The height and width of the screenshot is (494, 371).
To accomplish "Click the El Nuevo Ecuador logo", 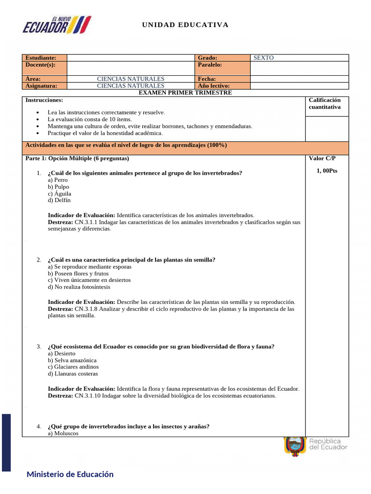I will click(x=57, y=25).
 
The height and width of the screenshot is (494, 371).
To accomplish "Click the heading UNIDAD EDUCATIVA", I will click(x=185, y=25).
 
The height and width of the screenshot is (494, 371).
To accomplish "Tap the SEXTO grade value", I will click(x=263, y=58).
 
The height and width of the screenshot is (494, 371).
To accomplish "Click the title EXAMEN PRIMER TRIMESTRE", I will click(x=185, y=93).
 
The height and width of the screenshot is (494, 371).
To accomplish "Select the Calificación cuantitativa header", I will click(x=324, y=103).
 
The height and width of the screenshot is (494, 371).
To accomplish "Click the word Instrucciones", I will click(x=44, y=100).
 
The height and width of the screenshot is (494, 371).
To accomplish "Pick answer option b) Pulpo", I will click(x=58, y=187).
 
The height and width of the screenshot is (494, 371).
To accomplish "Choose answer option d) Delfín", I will click(x=59, y=200).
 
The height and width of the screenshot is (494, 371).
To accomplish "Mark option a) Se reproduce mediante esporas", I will click(x=89, y=267).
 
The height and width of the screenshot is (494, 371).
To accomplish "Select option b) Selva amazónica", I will click(x=72, y=360).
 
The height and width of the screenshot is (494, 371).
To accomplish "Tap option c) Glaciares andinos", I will click(x=74, y=367).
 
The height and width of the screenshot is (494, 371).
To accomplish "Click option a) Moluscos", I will click(x=63, y=433).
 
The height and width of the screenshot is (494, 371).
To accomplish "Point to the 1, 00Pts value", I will click(x=327, y=171).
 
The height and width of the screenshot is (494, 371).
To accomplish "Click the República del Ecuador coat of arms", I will click(x=294, y=446).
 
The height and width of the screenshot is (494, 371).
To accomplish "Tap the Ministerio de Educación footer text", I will click(x=70, y=474).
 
